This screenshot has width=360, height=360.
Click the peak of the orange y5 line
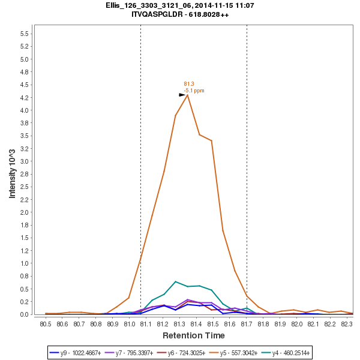188,95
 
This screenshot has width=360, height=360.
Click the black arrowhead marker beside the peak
182,95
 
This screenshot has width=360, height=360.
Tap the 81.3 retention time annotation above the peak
189,84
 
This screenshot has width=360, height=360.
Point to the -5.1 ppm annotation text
194,91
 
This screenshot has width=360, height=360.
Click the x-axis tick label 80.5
46,325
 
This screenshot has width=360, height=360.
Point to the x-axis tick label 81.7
247,325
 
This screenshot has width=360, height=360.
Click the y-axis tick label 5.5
25,34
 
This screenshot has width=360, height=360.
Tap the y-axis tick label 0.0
25,314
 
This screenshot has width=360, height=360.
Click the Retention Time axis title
193,335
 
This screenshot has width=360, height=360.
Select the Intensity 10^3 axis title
13,173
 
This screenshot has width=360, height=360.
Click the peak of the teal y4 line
175,281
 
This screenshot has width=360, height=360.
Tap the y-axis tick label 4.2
25,98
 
